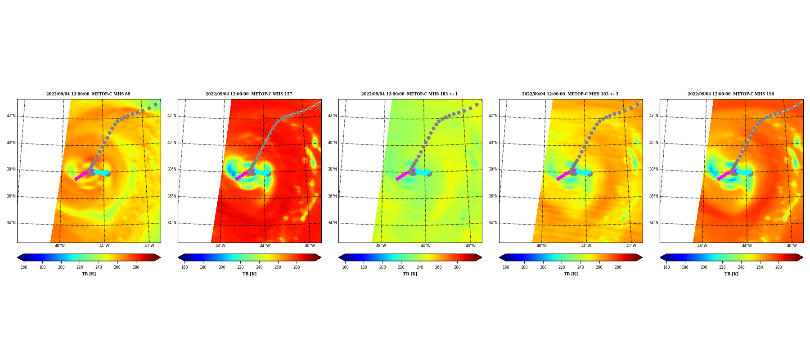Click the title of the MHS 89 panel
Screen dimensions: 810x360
tap(88, 94)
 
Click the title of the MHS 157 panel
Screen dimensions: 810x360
tap(249, 94)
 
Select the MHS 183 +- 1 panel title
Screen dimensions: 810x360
tap(409, 94)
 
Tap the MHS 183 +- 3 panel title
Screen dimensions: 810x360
tap(570, 94)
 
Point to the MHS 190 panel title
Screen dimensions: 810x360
tap(731, 94)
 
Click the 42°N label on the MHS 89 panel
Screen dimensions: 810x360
tap(11, 116)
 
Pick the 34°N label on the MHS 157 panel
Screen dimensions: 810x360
tap(172, 223)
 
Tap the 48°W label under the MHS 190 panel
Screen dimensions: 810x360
tap(702, 246)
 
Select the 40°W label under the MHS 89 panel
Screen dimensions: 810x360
tap(149, 246)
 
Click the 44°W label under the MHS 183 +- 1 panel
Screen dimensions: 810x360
tap(426, 246)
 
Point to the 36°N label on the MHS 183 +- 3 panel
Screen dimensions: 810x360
tap(493, 196)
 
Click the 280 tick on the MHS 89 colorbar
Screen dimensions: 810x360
tap(136, 267)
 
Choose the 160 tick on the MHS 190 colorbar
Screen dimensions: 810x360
tap(666, 267)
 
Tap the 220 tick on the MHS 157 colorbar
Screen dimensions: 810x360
tap(240, 267)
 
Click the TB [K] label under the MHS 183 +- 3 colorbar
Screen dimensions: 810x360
tap(571, 274)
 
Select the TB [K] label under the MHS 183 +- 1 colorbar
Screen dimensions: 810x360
tap(410, 274)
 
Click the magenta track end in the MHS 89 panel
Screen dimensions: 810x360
tap(76, 179)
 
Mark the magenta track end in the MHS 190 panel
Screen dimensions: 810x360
tap(719, 179)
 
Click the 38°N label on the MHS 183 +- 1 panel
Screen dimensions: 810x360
tap(333, 169)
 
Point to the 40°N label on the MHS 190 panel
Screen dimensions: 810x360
tap(654, 143)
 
